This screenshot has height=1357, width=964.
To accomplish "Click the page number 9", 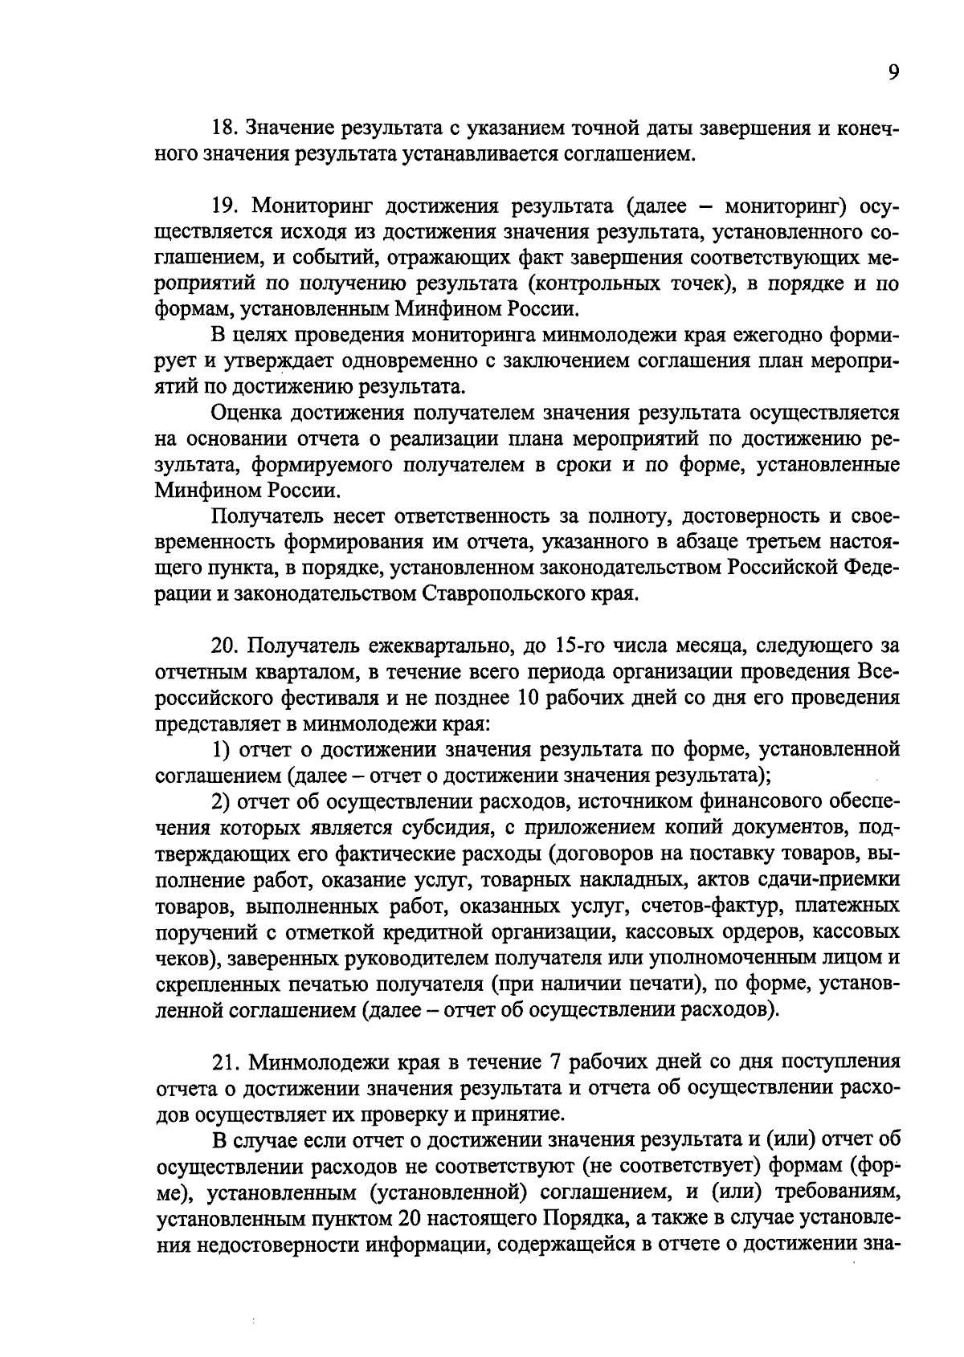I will (893, 73).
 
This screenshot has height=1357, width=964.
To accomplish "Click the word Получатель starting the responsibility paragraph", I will (266, 515).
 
